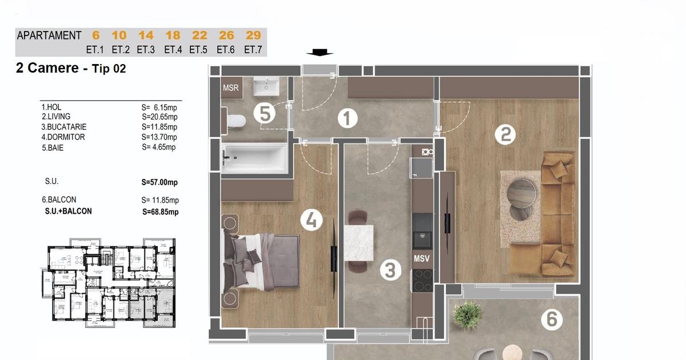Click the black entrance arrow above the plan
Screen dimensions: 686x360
point(320,53)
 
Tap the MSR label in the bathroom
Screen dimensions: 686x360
point(230,88)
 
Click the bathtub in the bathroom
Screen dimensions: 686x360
point(255,158)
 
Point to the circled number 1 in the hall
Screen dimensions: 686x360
point(348,118)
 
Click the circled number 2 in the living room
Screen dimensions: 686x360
point(505,135)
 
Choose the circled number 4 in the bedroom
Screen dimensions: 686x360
point(311,220)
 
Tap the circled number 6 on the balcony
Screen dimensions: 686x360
point(552,319)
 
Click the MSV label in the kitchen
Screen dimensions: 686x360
point(422,259)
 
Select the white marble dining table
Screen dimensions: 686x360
point(358,243)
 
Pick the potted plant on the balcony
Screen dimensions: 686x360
point(468,315)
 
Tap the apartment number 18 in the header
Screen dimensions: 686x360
point(173,35)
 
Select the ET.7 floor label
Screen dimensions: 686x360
point(253,50)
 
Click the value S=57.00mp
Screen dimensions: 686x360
point(159,182)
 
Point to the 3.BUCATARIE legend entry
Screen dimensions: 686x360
point(64,127)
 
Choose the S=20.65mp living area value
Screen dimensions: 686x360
point(159,117)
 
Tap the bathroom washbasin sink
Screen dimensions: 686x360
point(266,86)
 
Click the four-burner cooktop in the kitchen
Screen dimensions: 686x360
point(422,281)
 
